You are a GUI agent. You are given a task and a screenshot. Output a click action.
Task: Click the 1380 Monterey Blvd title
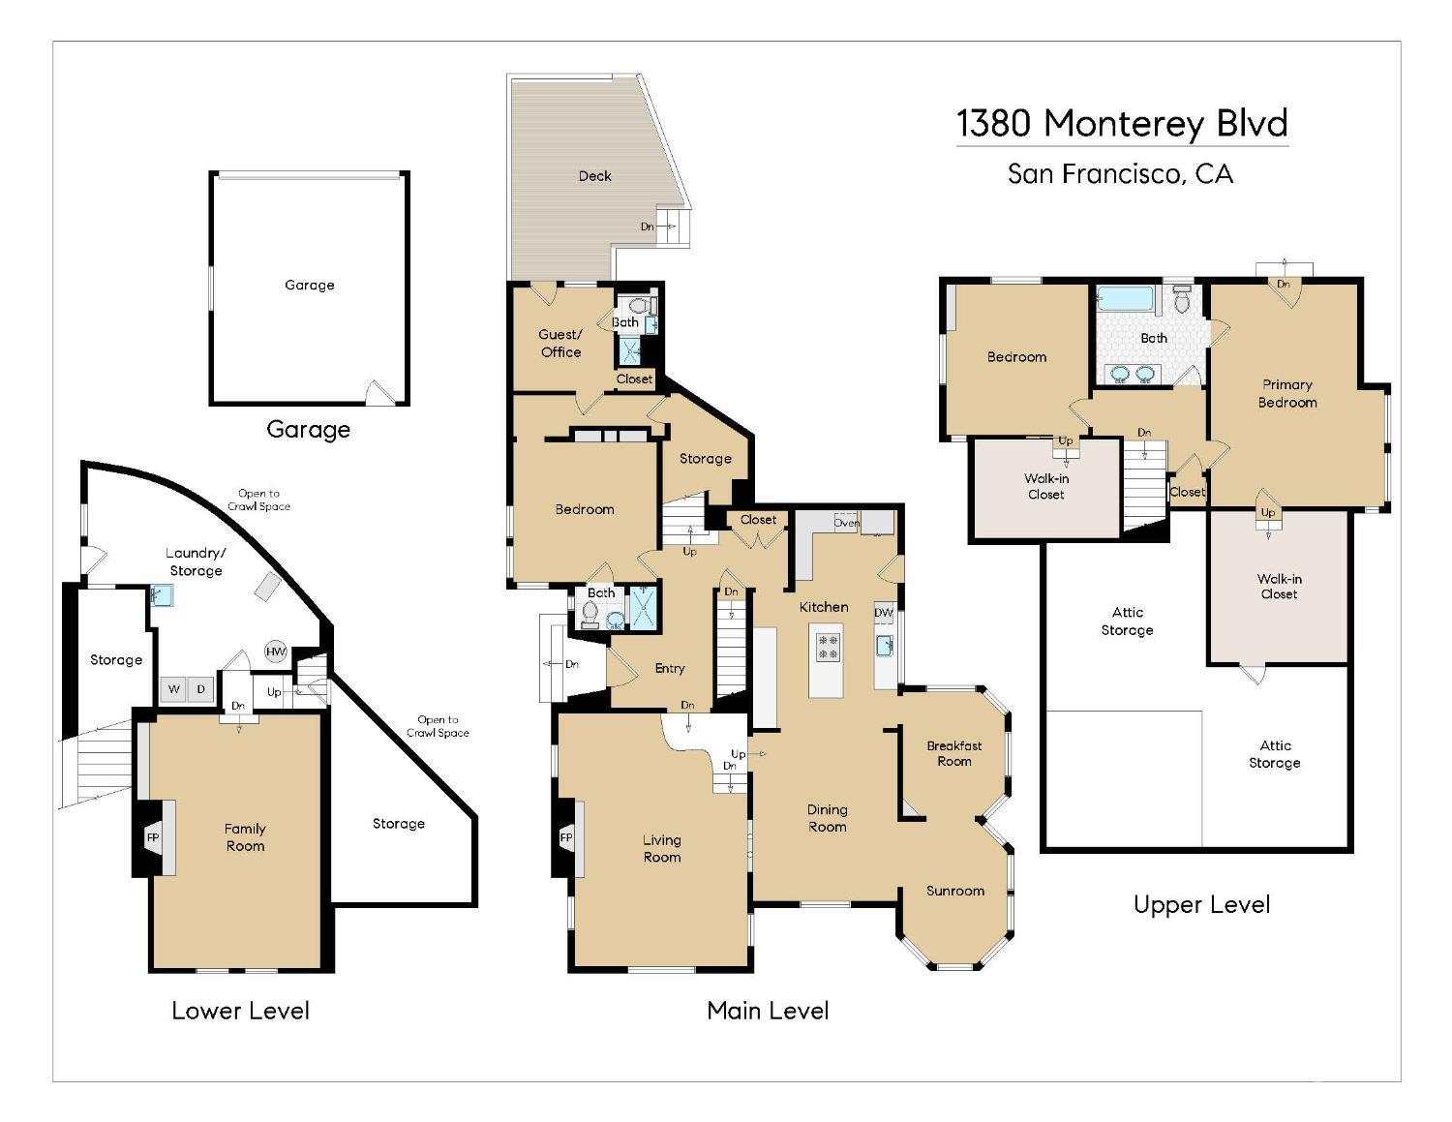1122,124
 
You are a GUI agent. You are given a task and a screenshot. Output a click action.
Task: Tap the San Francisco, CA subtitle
1120,173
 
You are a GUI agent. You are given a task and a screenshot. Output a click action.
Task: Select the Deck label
594,176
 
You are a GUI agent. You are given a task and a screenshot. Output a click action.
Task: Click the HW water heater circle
276,652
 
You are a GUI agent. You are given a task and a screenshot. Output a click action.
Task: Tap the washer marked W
173,689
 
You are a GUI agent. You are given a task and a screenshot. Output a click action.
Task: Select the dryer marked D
201,689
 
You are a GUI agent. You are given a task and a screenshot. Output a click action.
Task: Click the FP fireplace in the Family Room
153,837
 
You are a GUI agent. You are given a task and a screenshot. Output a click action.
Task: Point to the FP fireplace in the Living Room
566,837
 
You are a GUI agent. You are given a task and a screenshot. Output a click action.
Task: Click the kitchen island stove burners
828,647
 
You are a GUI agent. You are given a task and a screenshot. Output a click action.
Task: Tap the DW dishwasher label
884,612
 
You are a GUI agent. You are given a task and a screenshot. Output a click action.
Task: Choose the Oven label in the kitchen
846,523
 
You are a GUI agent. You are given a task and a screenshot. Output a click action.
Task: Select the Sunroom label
954,891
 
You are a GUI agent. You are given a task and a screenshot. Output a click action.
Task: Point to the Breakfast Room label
954,753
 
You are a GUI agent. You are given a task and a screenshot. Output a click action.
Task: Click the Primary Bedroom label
1286,394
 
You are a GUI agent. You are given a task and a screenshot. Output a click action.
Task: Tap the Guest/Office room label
560,344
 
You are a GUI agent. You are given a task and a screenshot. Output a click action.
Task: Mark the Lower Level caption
241,1011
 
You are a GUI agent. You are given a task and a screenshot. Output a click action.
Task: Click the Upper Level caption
1201,905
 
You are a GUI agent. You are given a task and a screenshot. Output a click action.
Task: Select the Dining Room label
828,818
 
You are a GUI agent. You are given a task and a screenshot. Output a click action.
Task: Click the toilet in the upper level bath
1182,299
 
